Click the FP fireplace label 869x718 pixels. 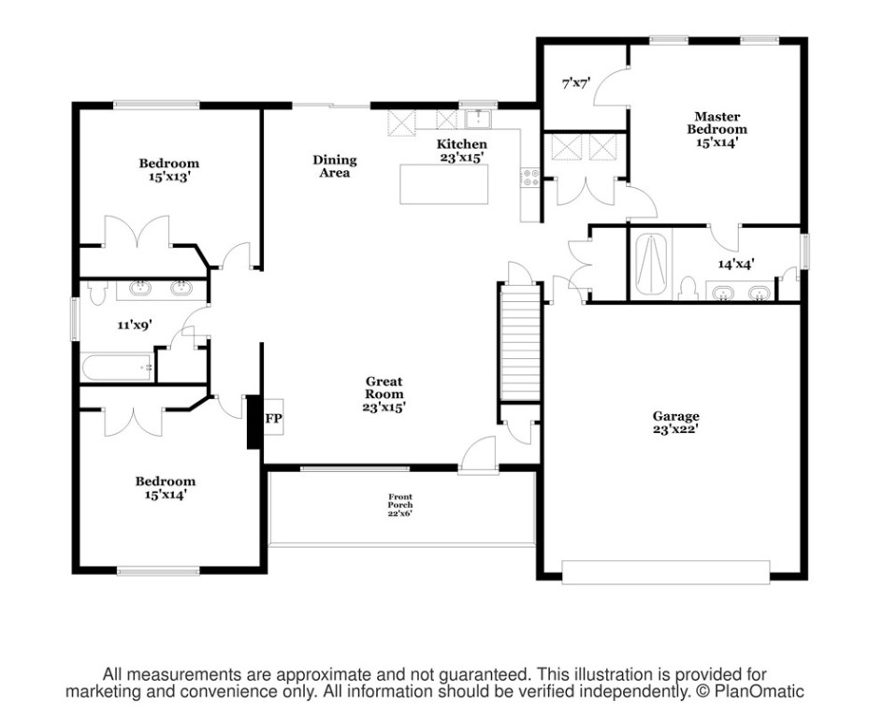273,419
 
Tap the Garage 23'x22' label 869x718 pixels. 675,423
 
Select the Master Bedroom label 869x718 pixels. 717,129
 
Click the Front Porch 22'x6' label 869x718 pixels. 400,505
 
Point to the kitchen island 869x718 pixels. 446,183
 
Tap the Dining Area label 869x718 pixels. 334,166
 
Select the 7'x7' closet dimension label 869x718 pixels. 574,84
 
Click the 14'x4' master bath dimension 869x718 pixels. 736,264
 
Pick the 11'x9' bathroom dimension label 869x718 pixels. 134,325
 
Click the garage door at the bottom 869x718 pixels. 665,571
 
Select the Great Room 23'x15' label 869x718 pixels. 384,394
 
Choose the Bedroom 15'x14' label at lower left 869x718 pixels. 166,488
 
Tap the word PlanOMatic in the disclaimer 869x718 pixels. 759,693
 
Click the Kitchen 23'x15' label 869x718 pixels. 462,151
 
